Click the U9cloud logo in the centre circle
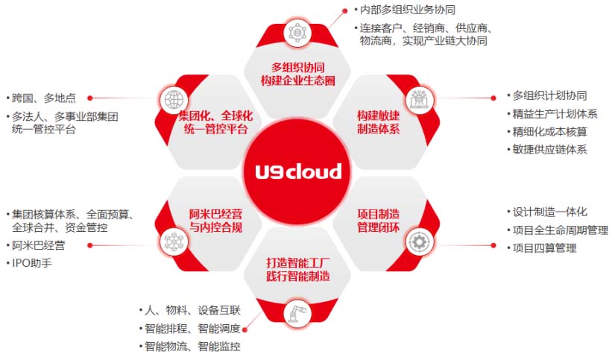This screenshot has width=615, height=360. [298, 171]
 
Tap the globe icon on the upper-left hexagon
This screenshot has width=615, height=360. [174, 99]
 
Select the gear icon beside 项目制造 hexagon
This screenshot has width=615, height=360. [419, 242]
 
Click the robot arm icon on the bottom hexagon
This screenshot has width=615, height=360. [297, 313]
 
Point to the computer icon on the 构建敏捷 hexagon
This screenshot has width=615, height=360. [419, 99]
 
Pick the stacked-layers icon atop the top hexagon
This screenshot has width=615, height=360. [297, 32]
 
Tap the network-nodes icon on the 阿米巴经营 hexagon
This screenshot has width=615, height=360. [174, 242]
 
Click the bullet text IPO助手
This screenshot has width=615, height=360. [32, 263]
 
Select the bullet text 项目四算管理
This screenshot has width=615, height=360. [544, 248]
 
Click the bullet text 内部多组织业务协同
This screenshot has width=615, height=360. [408, 10]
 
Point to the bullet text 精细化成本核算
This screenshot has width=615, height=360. [549, 132]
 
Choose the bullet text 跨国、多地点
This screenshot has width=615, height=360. [44, 98]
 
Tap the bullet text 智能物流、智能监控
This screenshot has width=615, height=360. [192, 347]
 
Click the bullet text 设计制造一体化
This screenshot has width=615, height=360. [549, 212]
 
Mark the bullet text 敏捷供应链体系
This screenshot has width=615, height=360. [549, 149]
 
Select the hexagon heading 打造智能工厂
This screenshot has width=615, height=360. [298, 263]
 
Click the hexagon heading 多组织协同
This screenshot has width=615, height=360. [298, 67]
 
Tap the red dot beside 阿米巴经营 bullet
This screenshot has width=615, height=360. [90, 245]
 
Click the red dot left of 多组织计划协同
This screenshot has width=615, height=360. [493, 98]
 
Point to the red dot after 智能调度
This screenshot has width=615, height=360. [245, 329]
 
